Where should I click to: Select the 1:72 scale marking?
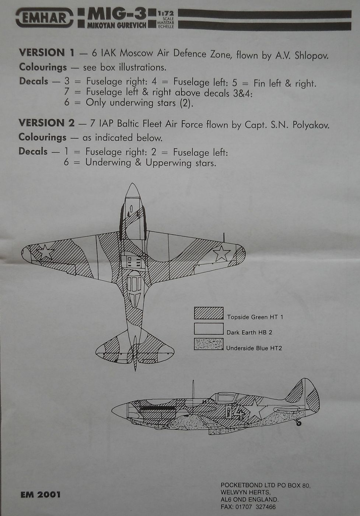coord(165,14)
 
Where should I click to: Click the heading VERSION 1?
coord(47,53)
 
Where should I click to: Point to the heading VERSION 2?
coord(46,123)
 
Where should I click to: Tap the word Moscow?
coord(136,53)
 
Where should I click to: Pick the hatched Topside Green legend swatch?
coord(209,313)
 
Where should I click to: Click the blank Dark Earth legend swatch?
coord(209,329)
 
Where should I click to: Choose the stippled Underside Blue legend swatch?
coord(209,344)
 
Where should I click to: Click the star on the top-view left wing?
coord(45,252)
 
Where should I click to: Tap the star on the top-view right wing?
coord(221,253)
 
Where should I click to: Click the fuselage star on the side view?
coord(255,408)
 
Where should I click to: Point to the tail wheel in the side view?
coord(298,423)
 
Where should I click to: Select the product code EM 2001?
coord(41,495)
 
